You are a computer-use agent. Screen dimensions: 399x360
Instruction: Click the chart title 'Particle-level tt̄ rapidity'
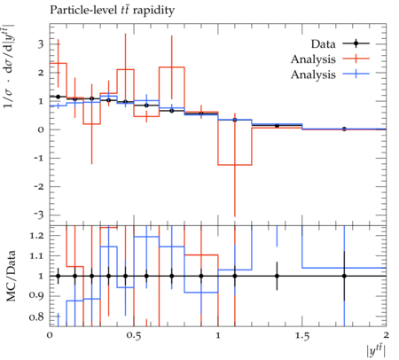point(112,11)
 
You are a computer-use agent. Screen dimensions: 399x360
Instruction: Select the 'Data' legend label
point(324,44)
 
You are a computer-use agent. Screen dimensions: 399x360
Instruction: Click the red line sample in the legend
point(356,59)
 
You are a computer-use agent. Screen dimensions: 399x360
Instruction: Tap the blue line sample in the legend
point(356,74)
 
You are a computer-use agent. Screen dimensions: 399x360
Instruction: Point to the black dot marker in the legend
point(356,43)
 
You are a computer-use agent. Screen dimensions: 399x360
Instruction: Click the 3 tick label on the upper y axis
point(41,44)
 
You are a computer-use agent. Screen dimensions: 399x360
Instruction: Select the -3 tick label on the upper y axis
point(38,215)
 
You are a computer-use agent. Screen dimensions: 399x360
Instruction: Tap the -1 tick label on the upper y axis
point(38,158)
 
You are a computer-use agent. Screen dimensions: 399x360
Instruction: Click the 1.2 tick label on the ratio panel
point(36,236)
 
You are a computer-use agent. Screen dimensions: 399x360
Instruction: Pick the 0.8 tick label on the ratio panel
point(36,317)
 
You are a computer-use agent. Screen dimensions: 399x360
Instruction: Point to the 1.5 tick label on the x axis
point(302,336)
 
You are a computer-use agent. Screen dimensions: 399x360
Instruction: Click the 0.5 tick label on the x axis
point(134,336)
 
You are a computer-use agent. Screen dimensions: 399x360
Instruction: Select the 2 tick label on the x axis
point(386,335)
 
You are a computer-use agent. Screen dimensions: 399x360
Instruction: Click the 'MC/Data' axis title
point(11,276)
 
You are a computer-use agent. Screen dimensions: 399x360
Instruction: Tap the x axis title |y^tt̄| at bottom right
point(376,351)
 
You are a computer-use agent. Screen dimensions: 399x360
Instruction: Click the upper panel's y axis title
point(9,66)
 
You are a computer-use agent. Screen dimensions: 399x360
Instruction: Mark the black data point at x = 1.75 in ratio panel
point(344,276)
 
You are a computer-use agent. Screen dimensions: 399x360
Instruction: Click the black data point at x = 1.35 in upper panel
point(277,126)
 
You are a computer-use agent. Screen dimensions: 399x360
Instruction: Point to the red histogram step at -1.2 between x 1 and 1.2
point(235,165)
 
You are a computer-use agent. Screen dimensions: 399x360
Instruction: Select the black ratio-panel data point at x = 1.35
point(277,276)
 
